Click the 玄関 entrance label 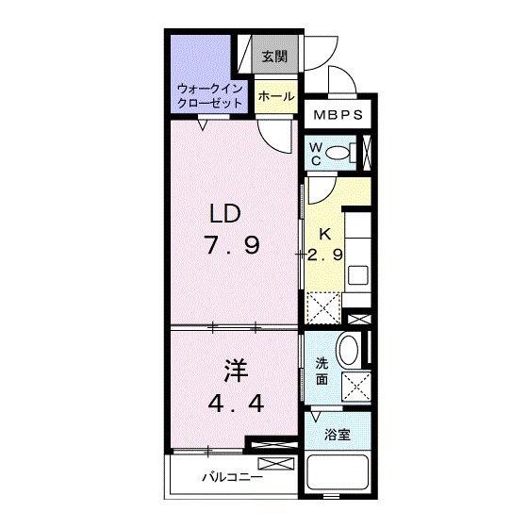click(274, 57)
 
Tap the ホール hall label click(276, 96)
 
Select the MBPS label click(338, 115)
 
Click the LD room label click(225, 214)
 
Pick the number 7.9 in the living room click(233, 245)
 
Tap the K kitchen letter click(325, 235)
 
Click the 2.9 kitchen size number click(325, 255)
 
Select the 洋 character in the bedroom click(236, 371)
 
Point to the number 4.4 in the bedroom click(236, 404)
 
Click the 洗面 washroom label click(322, 371)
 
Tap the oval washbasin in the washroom click(349, 349)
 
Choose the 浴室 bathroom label click(338, 435)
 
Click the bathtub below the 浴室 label click(338, 472)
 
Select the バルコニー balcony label click(232, 477)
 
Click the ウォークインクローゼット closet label click(209, 96)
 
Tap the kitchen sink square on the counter click(357, 275)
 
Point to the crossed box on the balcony click(275, 463)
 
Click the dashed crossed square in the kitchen click(323, 308)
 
